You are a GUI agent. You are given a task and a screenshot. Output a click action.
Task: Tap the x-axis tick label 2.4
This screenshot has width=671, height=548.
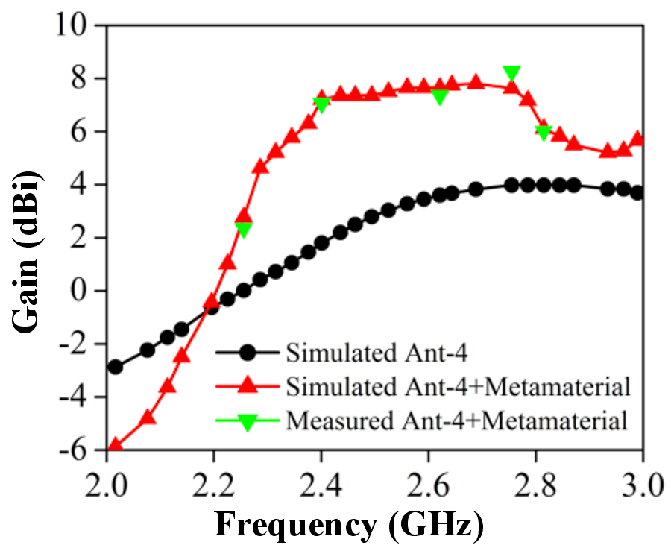(x=321, y=485)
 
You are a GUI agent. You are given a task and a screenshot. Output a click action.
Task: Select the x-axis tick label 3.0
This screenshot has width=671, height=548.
(x=643, y=485)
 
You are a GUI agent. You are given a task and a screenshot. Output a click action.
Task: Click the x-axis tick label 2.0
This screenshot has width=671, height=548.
(x=107, y=485)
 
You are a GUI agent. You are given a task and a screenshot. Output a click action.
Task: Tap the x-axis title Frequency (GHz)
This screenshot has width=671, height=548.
(x=349, y=524)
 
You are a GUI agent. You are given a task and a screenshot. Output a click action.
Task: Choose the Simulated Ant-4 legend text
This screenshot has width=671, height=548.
(x=377, y=353)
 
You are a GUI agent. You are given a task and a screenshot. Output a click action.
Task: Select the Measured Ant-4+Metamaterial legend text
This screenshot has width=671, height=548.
(x=456, y=420)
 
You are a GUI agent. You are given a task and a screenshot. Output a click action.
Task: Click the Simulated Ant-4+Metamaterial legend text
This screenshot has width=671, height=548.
(x=459, y=387)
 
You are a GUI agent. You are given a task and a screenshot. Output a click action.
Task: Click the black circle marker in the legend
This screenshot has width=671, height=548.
(x=248, y=353)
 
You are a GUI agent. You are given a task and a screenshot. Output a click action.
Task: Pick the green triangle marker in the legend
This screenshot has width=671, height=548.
(x=248, y=422)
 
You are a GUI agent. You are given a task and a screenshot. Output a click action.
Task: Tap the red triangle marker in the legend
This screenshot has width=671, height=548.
(x=248, y=386)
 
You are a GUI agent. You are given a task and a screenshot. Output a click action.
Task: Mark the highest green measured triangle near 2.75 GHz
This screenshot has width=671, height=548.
(x=511, y=73)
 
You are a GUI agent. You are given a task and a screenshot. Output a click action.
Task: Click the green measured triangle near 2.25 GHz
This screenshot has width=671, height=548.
(x=244, y=230)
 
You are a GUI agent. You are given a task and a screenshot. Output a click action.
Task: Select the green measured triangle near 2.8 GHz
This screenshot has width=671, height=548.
(x=544, y=133)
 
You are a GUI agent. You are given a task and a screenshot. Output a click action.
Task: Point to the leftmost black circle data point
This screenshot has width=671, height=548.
(x=115, y=367)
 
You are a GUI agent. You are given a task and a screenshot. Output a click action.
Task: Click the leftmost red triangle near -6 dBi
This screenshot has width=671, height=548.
(x=115, y=445)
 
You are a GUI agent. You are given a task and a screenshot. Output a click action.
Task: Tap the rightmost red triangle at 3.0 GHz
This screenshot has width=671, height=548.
(x=637, y=139)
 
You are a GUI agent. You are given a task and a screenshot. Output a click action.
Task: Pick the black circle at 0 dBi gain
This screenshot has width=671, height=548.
(x=244, y=291)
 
